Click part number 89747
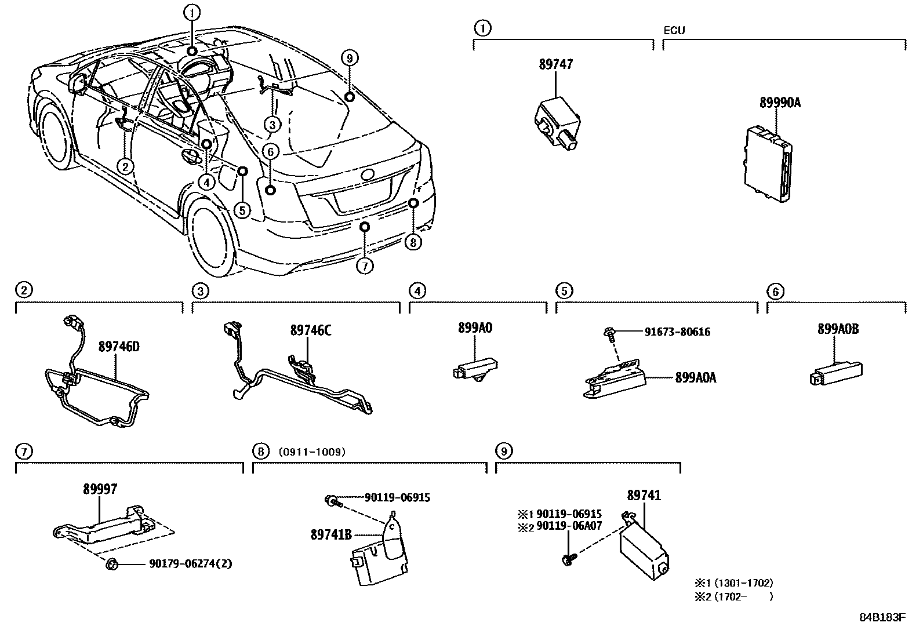pyautogui.click(x=555, y=64)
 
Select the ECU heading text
pyautogui.click(x=674, y=30)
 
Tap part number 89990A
pyautogui.click(x=780, y=103)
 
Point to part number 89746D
pyautogui.click(x=119, y=347)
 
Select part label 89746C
pyautogui.click(x=311, y=330)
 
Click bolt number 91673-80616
pyautogui.click(x=677, y=332)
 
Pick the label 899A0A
pyautogui.click(x=696, y=377)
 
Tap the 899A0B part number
pyautogui.click(x=838, y=329)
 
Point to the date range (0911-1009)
pyautogui.click(x=311, y=452)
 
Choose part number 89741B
pyautogui.click(x=331, y=535)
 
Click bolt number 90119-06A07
pyautogui.click(x=569, y=526)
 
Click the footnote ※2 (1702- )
pyautogui.click(x=734, y=596)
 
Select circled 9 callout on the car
pyautogui.click(x=348, y=57)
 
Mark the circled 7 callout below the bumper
pyautogui.click(x=365, y=266)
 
